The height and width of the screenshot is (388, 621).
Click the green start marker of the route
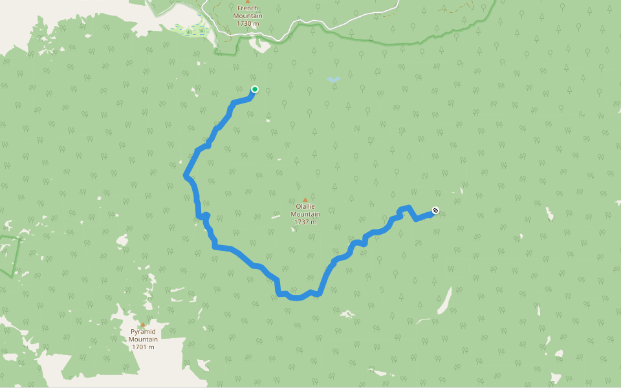[x=254, y=89]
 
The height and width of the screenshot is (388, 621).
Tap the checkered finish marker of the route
[x=435, y=210]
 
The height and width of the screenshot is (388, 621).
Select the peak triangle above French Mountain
[x=247, y=2]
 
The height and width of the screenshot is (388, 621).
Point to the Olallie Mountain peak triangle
[x=305, y=200]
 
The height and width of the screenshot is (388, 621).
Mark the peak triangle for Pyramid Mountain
[x=143, y=325]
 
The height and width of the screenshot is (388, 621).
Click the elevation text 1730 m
[x=247, y=24]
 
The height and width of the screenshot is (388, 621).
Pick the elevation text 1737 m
[x=305, y=222]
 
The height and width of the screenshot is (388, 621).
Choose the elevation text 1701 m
[x=143, y=347]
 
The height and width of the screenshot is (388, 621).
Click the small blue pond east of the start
[x=333, y=80]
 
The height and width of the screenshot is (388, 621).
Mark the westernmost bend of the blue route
[x=186, y=175]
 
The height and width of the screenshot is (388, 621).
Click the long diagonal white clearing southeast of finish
[x=444, y=301]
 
